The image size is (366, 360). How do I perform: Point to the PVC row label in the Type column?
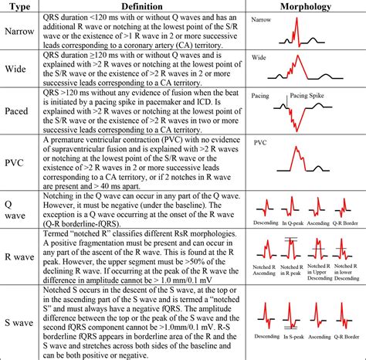[19, 161]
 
